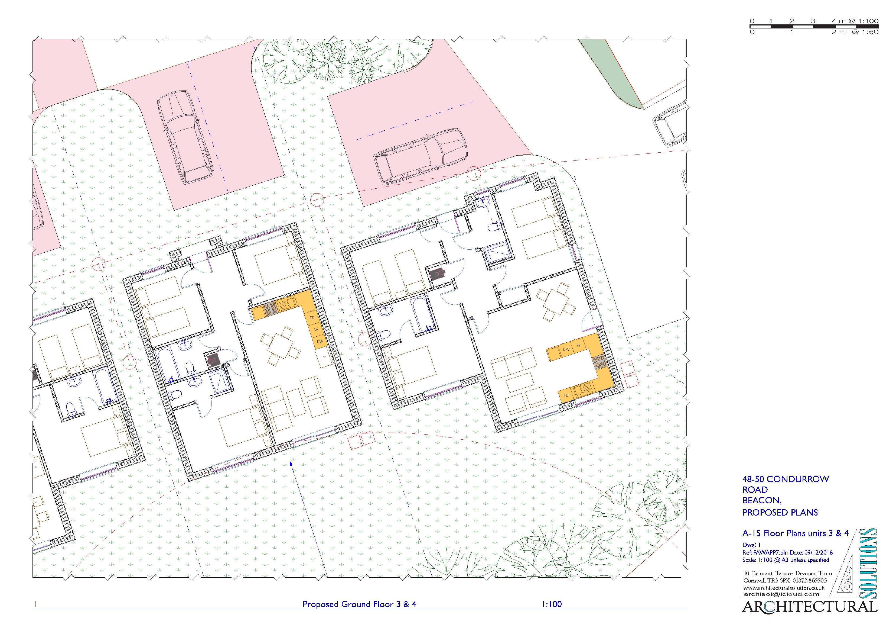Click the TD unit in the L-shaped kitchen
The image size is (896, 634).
(x=312, y=318)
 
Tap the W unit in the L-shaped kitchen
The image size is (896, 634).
(x=316, y=330)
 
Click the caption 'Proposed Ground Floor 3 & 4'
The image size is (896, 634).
(x=359, y=604)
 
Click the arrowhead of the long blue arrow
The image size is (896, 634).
(x=291, y=464)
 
